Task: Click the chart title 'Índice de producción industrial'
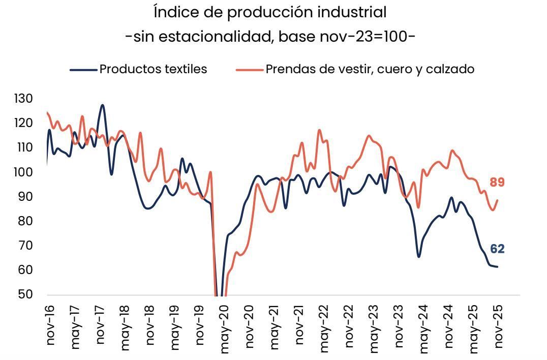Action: tap(270, 12)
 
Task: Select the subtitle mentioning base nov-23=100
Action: tap(270, 37)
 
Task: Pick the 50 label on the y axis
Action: tap(23, 294)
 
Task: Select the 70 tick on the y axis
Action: tap(23, 246)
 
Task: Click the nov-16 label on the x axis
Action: tap(50, 325)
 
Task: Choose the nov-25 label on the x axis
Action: tap(499, 325)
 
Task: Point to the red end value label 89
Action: tap(497, 183)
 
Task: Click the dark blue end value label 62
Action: tap(497, 249)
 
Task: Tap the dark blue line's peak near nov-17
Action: tap(102, 105)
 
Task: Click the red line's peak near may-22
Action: tap(319, 130)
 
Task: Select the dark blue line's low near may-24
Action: tap(419, 257)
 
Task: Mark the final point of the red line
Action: tap(497, 200)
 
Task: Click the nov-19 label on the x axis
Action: tap(200, 325)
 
